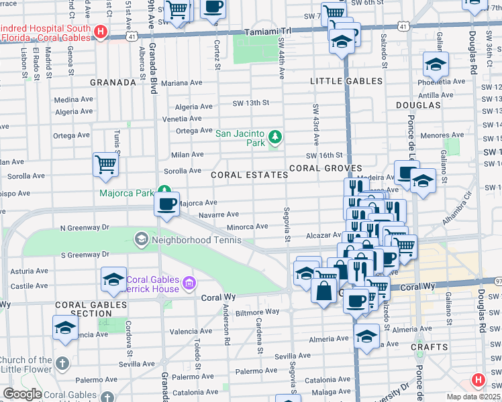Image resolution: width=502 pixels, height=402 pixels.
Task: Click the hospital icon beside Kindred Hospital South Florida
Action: coord(101,31)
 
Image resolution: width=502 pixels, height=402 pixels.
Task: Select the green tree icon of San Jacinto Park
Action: coord(274,137)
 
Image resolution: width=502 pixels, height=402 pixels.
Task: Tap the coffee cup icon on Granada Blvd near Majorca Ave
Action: coord(166,204)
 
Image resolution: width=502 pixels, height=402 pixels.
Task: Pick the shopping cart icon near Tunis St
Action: coord(106,163)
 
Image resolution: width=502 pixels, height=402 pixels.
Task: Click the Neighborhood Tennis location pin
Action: coord(141,239)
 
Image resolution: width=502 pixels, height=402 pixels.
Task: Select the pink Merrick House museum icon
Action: coord(190,284)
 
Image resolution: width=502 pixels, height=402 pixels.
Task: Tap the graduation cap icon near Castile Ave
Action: coord(113,279)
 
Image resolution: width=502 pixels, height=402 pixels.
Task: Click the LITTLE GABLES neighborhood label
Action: coord(346,81)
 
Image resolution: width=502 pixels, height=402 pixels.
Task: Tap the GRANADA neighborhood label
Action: coord(113,82)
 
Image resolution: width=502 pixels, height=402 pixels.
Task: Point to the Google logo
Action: coord(23,394)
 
